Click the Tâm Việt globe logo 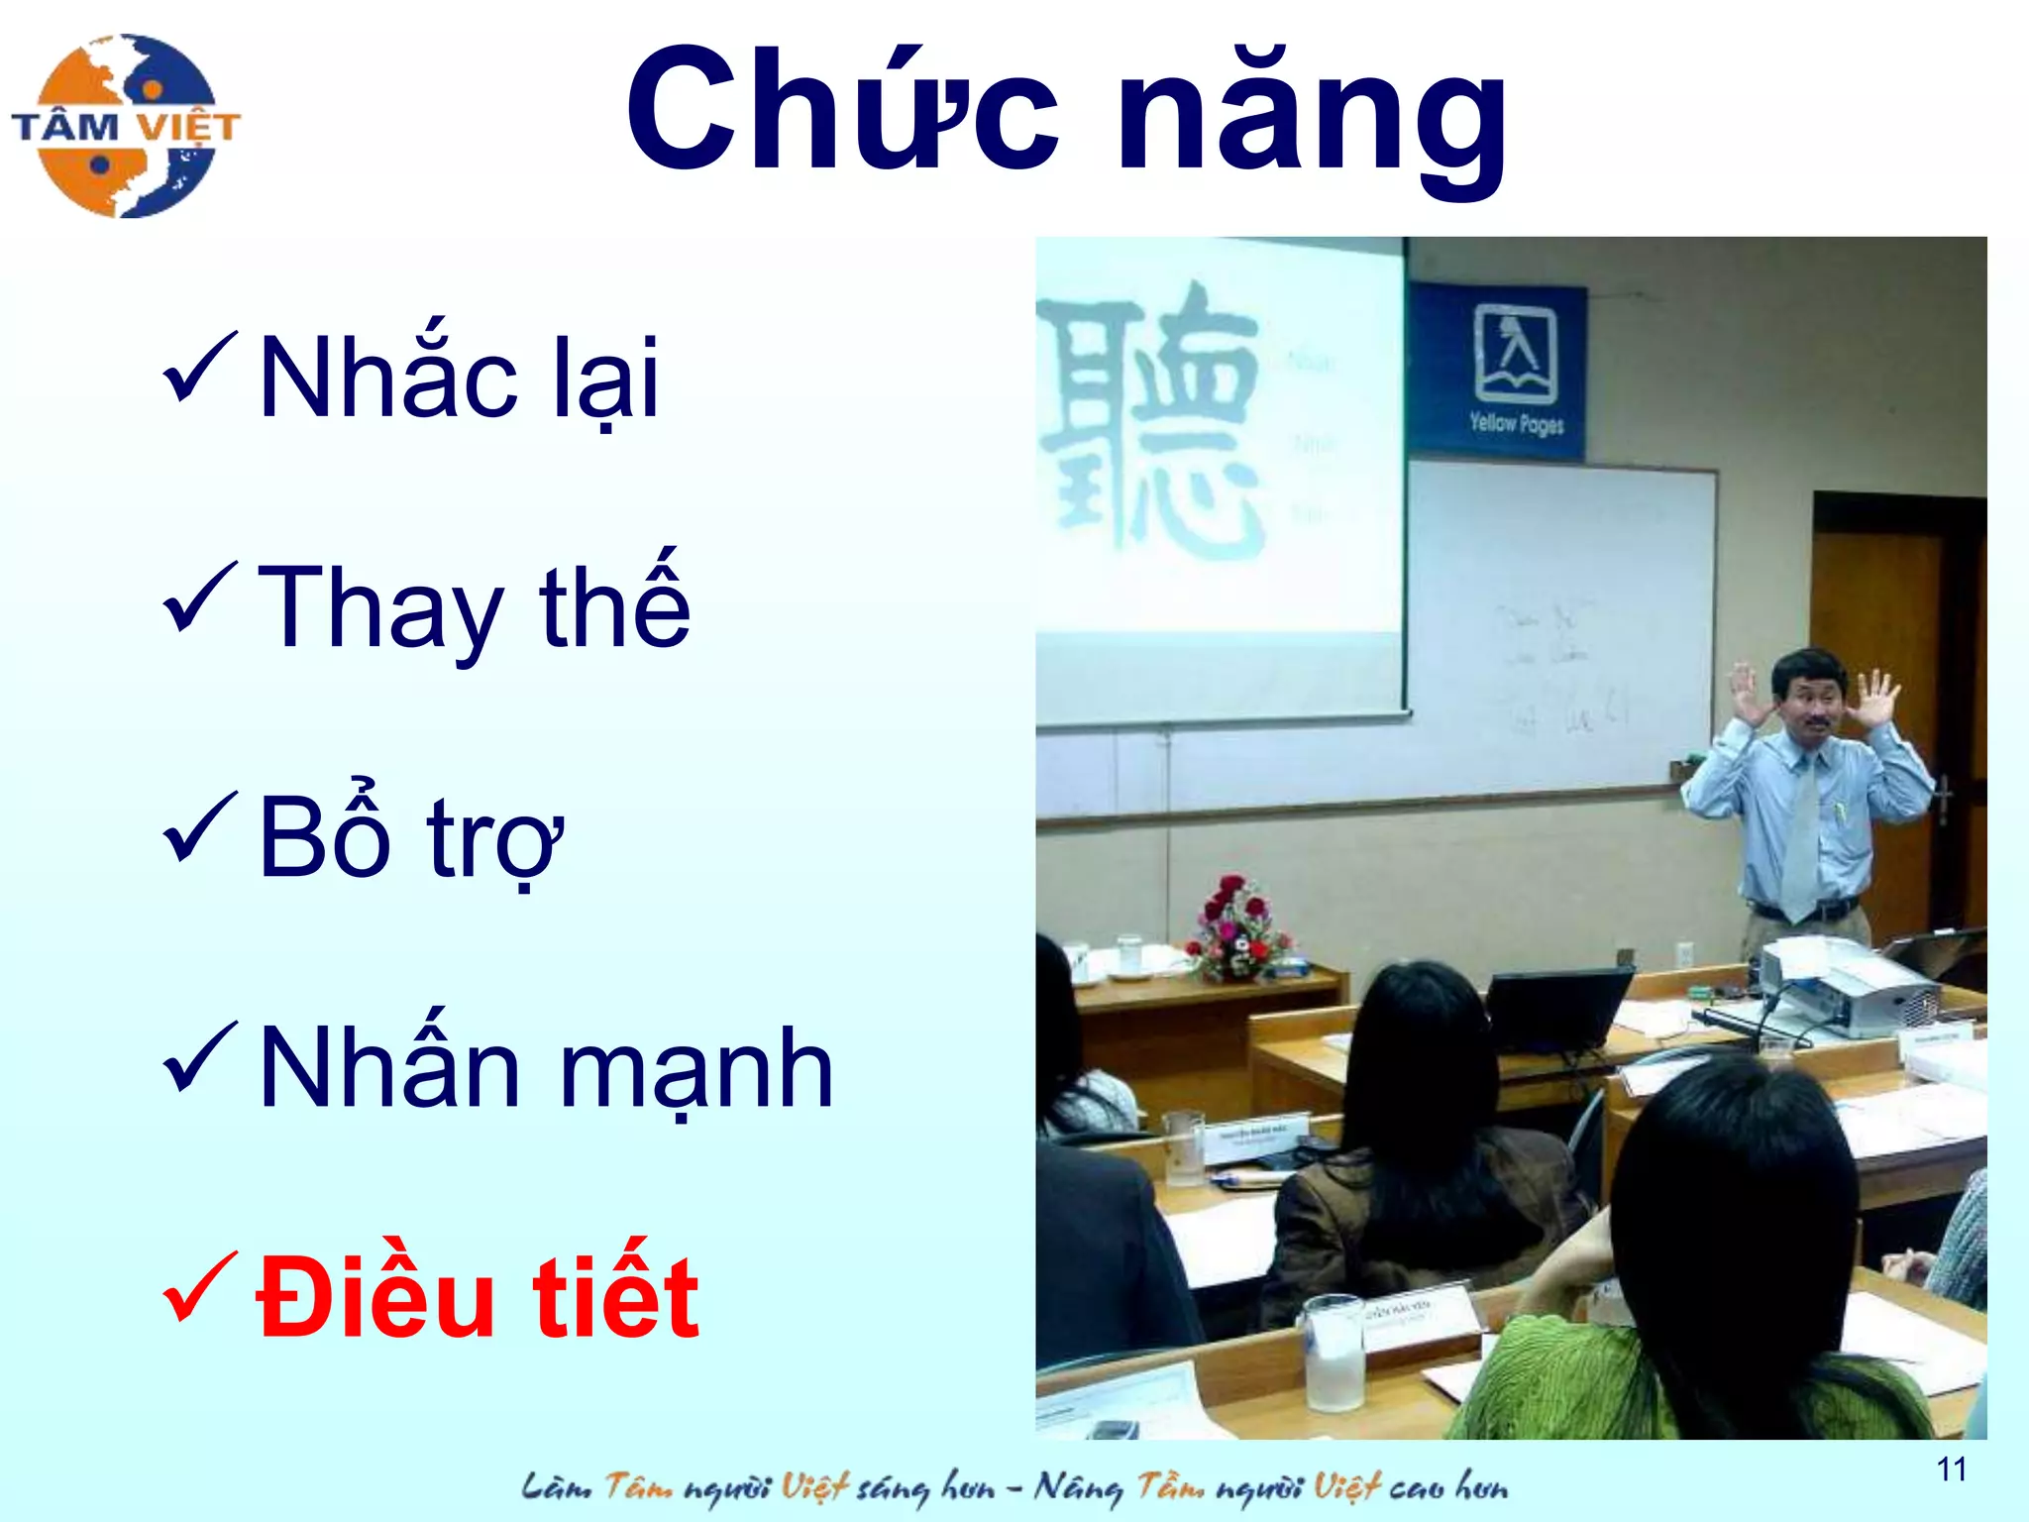pyautogui.click(x=126, y=126)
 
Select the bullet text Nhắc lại pyautogui.click(x=458, y=380)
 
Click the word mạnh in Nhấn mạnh pyautogui.click(x=695, y=1070)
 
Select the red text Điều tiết pyautogui.click(x=478, y=1298)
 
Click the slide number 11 pyautogui.click(x=1951, y=1468)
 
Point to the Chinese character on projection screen pyautogui.click(x=1149, y=421)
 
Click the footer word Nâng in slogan pyautogui.click(x=1078, y=1486)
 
